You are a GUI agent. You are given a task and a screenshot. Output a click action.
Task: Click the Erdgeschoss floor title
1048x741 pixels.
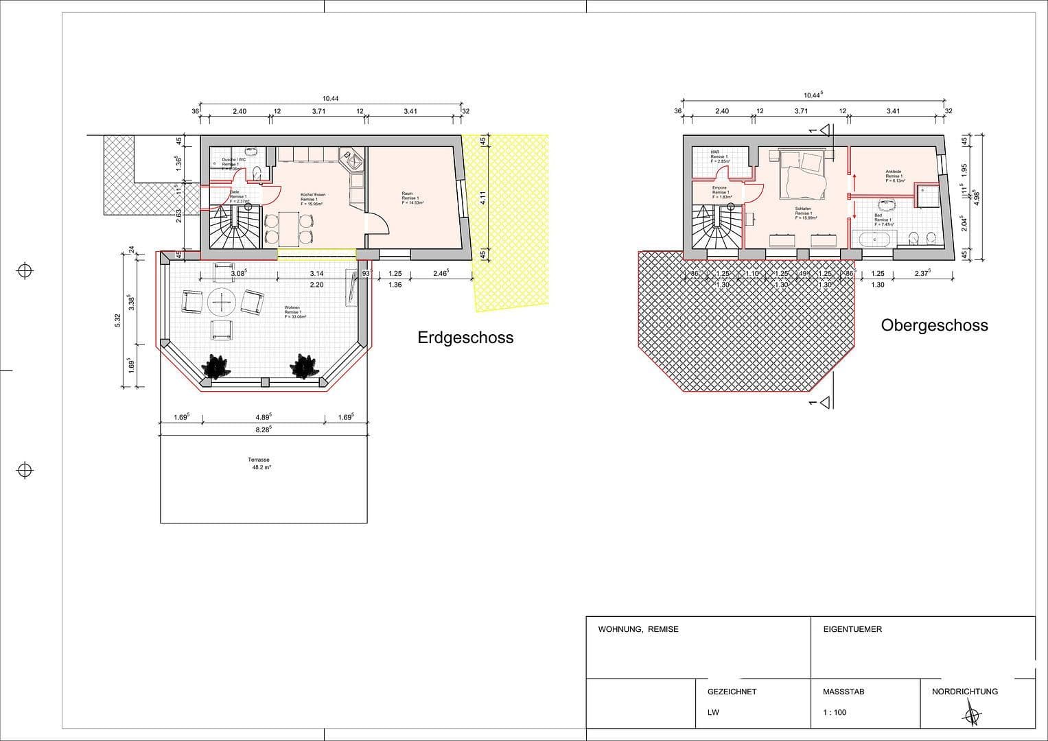tap(465, 338)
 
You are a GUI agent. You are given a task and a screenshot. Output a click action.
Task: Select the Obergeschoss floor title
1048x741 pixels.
tap(934, 325)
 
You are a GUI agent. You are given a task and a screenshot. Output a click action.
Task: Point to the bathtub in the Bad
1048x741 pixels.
tap(872, 239)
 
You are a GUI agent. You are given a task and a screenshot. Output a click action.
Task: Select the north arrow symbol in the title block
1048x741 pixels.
tap(972, 714)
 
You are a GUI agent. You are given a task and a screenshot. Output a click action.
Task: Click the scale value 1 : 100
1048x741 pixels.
tap(835, 712)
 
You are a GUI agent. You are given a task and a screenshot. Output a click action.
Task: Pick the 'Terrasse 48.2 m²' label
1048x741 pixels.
tap(259, 464)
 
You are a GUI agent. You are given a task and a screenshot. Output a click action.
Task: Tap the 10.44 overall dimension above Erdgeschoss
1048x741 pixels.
tap(330, 99)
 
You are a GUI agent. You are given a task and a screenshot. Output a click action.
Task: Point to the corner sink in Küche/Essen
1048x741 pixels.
tap(354, 162)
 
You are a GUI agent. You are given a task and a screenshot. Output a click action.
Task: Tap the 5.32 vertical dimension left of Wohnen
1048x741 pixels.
tap(117, 320)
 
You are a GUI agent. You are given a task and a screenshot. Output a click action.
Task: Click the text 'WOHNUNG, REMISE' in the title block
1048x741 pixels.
tap(638, 629)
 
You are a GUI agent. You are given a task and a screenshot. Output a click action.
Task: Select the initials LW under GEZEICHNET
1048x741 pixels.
tap(713, 712)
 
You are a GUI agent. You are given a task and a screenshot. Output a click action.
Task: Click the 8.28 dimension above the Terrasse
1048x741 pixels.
tap(263, 430)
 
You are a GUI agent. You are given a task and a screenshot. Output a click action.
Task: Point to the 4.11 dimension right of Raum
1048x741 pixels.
tap(483, 198)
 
